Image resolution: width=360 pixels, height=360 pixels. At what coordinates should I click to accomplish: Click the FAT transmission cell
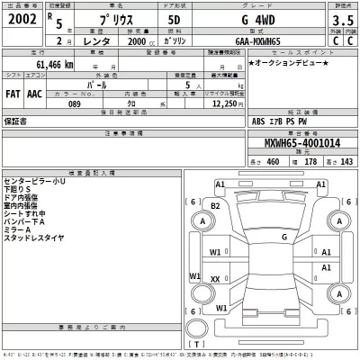[x=14, y=91]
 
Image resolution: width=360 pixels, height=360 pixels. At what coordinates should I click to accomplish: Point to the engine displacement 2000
[x=139, y=40]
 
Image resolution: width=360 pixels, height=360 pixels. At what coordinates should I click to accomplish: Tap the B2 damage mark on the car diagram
[x=215, y=206]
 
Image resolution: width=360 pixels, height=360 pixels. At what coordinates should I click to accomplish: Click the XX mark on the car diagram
[x=215, y=279]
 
